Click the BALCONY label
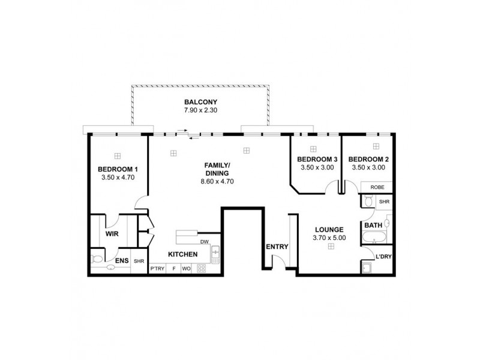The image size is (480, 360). pyautogui.click(x=201, y=102)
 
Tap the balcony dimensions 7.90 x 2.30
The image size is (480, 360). pyautogui.click(x=201, y=111)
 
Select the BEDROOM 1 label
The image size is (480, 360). pyautogui.click(x=118, y=169)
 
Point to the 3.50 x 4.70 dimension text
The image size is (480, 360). pyautogui.click(x=118, y=178)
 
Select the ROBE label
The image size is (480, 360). pyautogui.click(x=377, y=187)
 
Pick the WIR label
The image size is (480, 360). pyautogui.click(x=112, y=233)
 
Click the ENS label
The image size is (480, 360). pyautogui.click(x=121, y=261)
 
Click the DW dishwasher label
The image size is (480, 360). pyautogui.click(x=204, y=242)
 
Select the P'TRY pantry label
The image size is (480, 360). pyautogui.click(x=157, y=269)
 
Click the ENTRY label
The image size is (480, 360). pyautogui.click(x=277, y=247)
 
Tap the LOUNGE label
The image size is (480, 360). pyautogui.click(x=329, y=229)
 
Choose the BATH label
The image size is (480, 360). pyautogui.click(x=373, y=225)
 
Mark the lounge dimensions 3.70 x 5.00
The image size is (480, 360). pyautogui.click(x=329, y=238)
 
